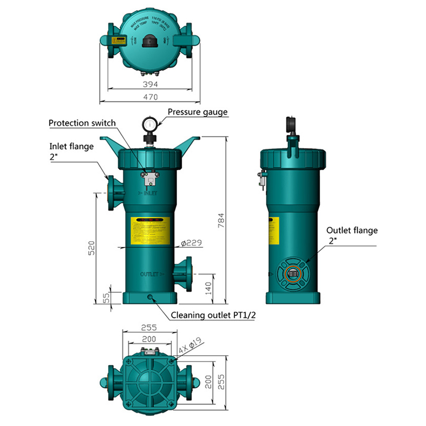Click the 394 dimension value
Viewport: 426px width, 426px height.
click(150, 84)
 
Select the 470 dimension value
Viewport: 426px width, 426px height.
click(150, 97)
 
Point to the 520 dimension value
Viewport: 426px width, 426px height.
click(91, 248)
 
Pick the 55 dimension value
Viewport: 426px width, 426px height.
click(106, 298)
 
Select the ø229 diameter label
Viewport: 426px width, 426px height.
click(190, 243)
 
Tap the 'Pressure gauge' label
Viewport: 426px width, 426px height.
click(198, 112)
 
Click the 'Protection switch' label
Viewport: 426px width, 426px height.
click(82, 123)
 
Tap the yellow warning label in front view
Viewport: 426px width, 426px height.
click(150, 230)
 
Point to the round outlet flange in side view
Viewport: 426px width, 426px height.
click(291, 273)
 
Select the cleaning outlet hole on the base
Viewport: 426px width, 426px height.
click(151, 297)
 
